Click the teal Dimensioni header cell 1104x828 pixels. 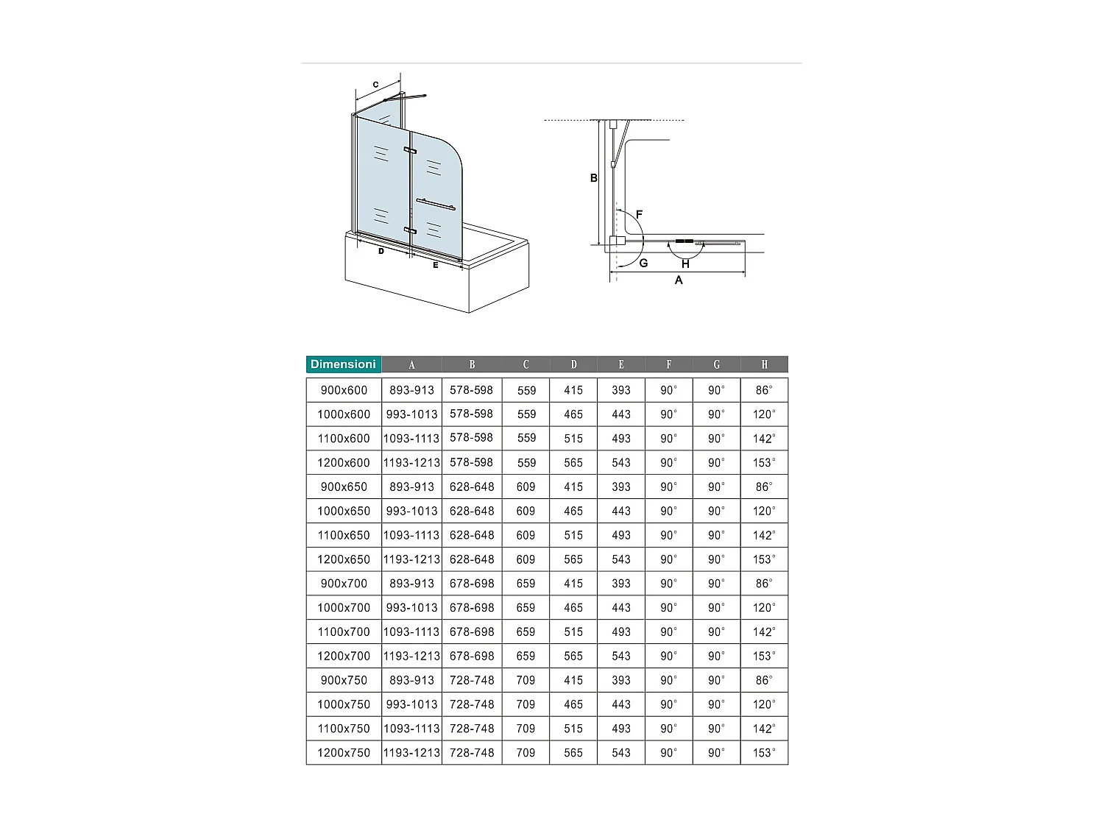344,364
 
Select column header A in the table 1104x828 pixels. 411,364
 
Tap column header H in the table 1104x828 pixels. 764,364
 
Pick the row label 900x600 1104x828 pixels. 344,390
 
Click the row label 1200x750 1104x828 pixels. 344,753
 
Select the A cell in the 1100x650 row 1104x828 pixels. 411,535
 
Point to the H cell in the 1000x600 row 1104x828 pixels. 764,414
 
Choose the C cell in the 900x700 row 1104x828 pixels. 526,583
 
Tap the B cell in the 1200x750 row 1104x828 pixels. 472,753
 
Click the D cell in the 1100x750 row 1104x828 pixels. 573,729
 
